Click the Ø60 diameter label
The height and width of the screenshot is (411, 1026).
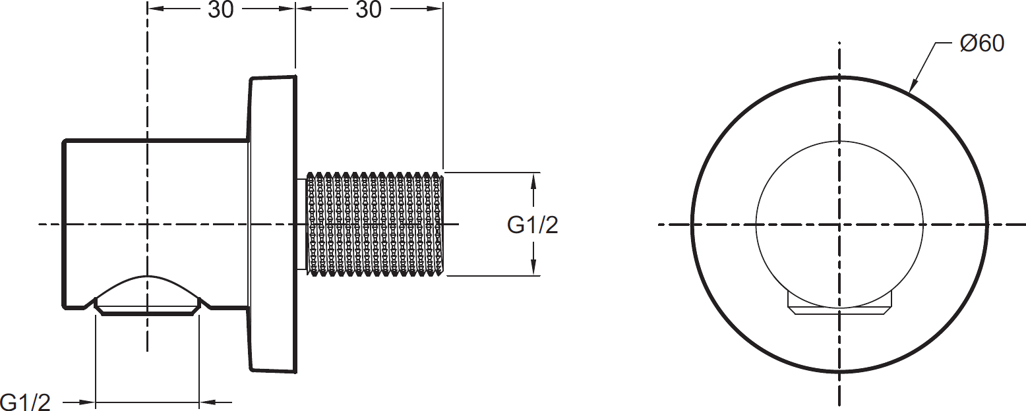pos(982,44)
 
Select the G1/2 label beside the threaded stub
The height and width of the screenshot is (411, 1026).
pos(532,225)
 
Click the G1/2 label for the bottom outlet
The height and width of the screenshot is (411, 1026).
pos(25,401)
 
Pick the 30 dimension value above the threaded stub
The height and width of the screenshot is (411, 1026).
pos(369,10)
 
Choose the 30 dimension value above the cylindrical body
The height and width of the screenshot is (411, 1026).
pos(221,10)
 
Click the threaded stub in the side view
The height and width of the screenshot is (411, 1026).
pos(375,224)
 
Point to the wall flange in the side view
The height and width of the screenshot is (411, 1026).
pos(272,224)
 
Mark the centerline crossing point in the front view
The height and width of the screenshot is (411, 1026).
pos(839,225)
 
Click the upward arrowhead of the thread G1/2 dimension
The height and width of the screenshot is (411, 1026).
pos(533,180)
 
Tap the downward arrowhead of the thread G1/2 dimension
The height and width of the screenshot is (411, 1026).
pos(533,268)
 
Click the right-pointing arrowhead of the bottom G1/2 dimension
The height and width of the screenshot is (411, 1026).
pos(88,401)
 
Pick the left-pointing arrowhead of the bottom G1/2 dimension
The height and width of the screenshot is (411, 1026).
pos(207,401)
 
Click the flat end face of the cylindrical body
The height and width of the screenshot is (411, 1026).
pos(64,224)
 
